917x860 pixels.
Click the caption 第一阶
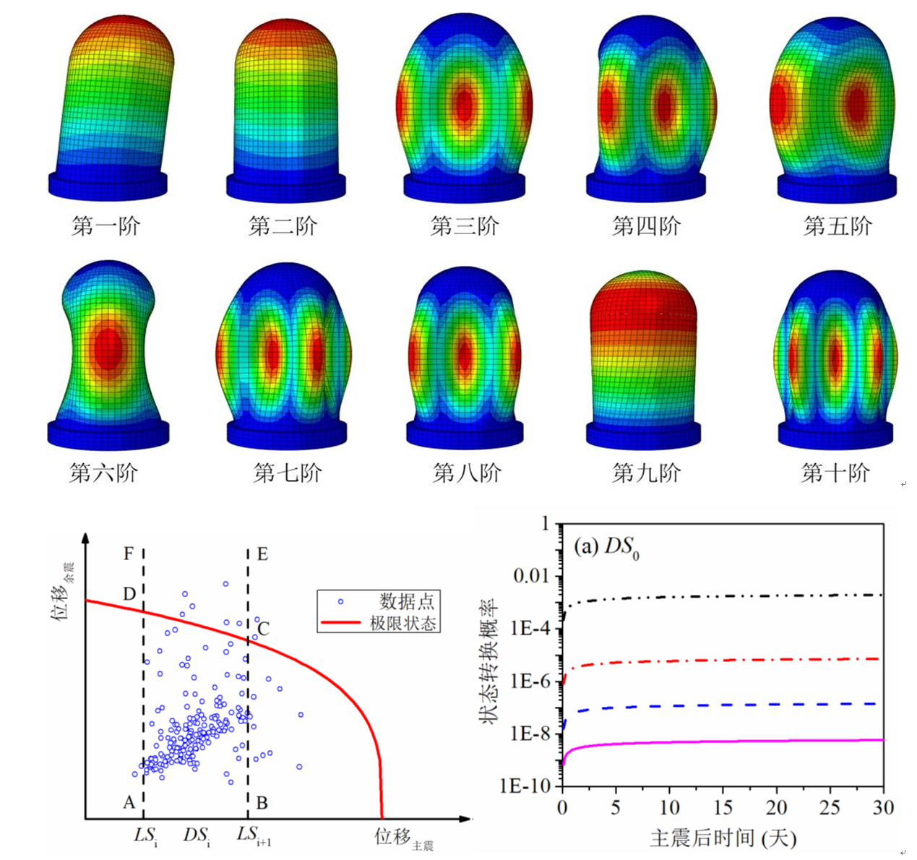coord(106,226)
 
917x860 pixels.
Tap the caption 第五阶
coord(838,226)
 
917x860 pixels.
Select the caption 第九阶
coord(646,473)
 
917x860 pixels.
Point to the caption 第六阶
coord(103,473)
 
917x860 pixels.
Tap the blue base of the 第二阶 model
coord(283,186)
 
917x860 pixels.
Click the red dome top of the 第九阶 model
coord(644,289)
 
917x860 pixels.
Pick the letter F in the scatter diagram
coord(129,554)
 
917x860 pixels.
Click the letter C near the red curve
coord(264,629)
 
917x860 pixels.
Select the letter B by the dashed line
coord(262,802)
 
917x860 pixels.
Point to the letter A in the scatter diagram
coord(129,802)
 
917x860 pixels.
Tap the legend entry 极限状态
coord(403,622)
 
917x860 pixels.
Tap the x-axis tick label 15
coord(723,808)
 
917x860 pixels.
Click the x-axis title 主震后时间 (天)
coord(723,838)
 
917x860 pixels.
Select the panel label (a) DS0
coord(606,547)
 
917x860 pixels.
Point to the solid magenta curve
coord(723,741)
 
